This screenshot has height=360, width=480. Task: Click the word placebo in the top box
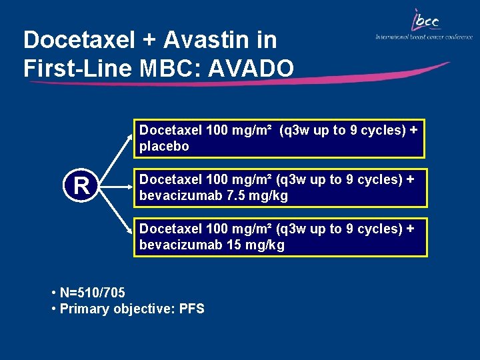click(x=164, y=146)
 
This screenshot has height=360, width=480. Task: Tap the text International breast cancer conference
click(x=424, y=37)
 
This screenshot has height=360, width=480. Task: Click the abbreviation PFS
click(x=192, y=309)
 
